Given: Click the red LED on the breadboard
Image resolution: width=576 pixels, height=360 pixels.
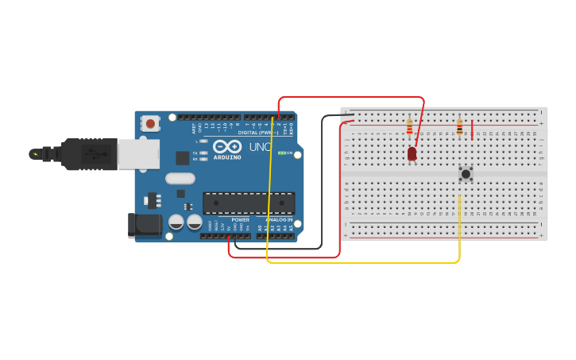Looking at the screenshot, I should pos(412,153).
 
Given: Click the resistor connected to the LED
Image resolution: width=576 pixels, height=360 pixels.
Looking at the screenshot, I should pos(409,126).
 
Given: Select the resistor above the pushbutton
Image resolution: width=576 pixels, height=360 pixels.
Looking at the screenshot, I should pos(459,126).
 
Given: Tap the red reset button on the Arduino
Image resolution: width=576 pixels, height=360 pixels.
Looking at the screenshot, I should pos(150,123).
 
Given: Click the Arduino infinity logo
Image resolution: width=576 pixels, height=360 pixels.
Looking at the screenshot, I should pos(226,147).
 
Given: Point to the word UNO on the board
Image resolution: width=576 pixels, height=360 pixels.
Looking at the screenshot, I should pos(261,147).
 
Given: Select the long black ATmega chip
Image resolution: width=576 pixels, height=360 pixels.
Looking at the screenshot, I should pos(249,203).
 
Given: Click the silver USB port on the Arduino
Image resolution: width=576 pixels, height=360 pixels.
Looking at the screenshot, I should pos(137,154).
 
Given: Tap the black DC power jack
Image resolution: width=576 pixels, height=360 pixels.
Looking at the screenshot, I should pos(145,225).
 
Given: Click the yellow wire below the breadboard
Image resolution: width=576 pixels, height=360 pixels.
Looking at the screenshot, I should pos(365,261).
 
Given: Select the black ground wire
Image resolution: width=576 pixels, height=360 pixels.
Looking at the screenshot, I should pos(323,183).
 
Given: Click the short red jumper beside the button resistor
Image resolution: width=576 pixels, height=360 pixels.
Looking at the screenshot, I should pos(472,130).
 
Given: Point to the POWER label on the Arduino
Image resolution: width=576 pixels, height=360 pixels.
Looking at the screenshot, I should pos(240,219).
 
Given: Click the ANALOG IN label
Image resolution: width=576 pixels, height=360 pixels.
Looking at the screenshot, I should pos(278,219).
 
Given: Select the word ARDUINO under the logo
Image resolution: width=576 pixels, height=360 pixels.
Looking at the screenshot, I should pos(227,157).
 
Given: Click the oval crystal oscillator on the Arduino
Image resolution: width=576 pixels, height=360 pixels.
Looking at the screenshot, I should pos(180,179).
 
